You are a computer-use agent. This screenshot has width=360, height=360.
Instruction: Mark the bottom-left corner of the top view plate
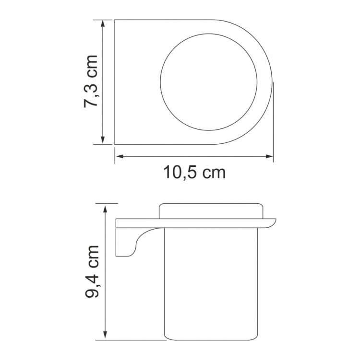pyautogui.click(x=115, y=143)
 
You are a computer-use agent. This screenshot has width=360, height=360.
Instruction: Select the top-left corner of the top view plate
pyautogui.click(x=115, y=21)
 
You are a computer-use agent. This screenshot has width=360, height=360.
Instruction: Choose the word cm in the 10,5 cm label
pyautogui.click(x=213, y=173)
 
